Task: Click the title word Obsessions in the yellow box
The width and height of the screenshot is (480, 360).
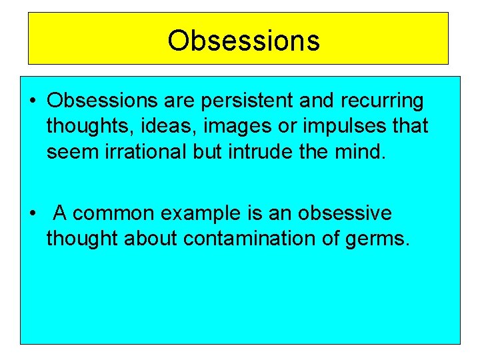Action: [243, 40]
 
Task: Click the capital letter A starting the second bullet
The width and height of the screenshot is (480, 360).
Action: [59, 214]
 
